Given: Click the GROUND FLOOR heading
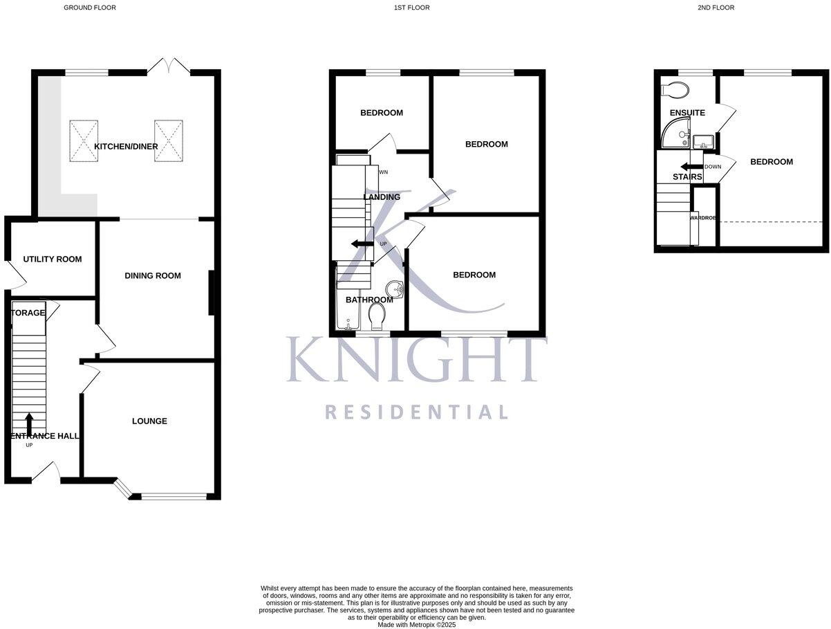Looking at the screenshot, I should click(x=90, y=8).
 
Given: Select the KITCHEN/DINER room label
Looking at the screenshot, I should click(x=126, y=146).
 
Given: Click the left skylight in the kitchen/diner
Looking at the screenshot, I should click(x=84, y=140).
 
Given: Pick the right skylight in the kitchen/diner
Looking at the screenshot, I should click(x=169, y=140).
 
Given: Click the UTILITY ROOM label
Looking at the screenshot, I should click(x=52, y=259).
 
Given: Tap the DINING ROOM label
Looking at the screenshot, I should click(x=153, y=275).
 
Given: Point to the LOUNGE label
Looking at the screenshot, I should click(x=149, y=421).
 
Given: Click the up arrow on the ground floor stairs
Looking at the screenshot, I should click(x=29, y=423).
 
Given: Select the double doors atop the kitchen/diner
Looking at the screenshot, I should click(x=169, y=66).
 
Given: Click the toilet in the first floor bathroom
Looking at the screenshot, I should click(x=377, y=318).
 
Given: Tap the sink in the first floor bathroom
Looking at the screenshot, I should click(x=394, y=288).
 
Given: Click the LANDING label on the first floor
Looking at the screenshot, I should click(x=382, y=197).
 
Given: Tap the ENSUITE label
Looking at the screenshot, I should click(x=687, y=112).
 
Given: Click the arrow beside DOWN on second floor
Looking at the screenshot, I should click(x=690, y=167).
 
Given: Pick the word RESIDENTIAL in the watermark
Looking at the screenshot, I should click(x=417, y=412).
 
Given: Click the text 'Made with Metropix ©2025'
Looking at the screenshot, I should click(x=416, y=624).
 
